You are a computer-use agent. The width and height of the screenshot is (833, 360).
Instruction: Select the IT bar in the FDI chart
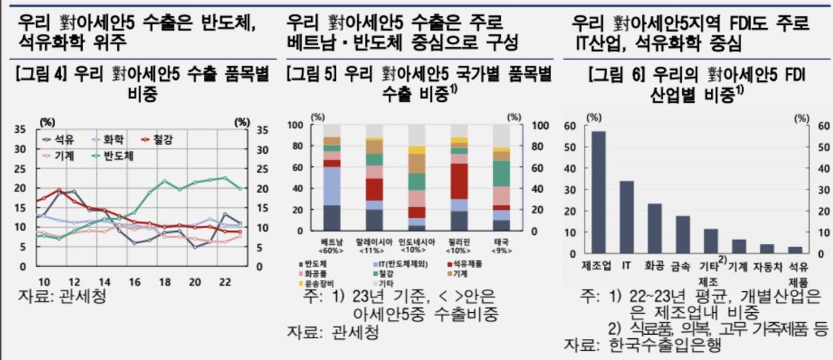[627, 217]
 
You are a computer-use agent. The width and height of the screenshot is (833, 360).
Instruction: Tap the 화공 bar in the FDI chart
[655, 228]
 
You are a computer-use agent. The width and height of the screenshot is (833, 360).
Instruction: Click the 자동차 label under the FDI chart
[767, 267]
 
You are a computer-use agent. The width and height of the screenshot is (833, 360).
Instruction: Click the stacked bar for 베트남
[332, 178]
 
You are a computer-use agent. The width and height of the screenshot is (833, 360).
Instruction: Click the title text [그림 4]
[41, 75]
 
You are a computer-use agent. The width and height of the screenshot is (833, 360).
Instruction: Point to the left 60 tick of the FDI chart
[571, 126]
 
